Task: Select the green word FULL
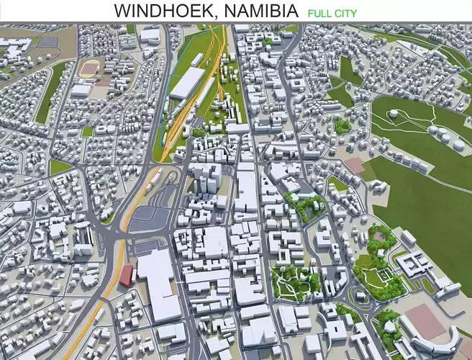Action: coord(319,13)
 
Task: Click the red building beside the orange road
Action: coord(127,274)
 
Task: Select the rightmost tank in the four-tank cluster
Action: coord(458,145)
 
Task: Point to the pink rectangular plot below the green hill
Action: coord(355,165)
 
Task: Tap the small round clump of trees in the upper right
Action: coord(343,125)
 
